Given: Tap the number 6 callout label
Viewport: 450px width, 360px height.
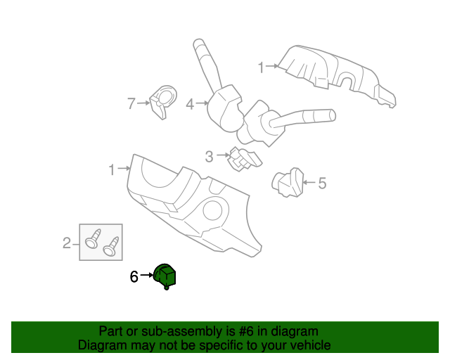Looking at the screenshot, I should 134,277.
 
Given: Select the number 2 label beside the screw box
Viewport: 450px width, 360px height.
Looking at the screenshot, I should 67,243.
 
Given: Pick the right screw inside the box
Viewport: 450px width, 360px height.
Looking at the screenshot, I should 111,246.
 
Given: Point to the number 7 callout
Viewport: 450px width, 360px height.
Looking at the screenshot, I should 131,104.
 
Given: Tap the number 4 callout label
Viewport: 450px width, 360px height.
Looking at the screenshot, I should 190,105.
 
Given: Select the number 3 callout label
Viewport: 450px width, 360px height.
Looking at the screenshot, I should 209,156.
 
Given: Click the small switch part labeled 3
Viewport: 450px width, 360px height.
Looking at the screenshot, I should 243,160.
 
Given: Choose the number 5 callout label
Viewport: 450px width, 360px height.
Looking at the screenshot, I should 322,184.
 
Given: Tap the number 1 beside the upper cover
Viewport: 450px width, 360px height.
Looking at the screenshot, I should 261,68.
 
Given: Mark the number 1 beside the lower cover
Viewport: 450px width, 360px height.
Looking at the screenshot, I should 112,169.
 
